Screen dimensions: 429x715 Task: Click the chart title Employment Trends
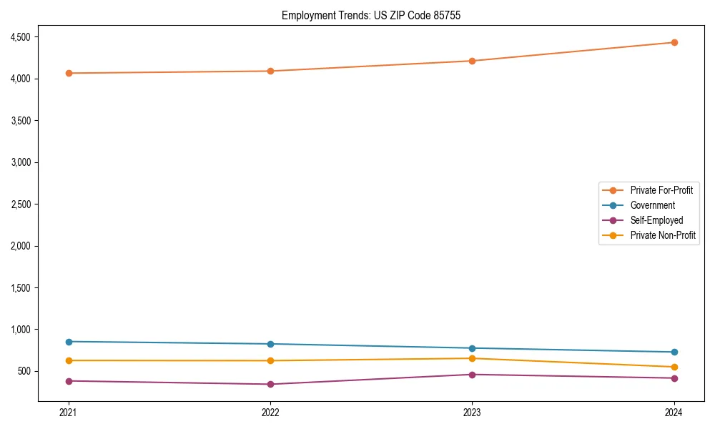pos(366,15)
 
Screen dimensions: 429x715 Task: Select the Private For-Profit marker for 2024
pos(674,42)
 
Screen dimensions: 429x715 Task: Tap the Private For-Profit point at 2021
pos(69,73)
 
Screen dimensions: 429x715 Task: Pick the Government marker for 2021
pos(69,342)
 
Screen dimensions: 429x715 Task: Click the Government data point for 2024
pos(674,352)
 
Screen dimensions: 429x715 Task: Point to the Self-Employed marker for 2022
pos(270,384)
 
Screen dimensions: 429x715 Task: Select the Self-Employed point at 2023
pos(472,375)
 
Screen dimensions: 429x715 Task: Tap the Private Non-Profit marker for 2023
pos(472,358)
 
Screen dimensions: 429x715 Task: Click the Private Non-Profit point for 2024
pos(674,367)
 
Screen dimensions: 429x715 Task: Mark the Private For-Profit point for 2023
pos(472,61)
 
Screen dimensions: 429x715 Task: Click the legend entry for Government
pos(652,205)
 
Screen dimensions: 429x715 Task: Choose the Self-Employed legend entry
pos(656,220)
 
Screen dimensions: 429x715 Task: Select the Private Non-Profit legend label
pos(663,235)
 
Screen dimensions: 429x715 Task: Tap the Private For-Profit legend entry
pos(661,190)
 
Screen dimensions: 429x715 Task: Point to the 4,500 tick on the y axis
pos(27,36)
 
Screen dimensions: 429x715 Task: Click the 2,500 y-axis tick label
pos(27,204)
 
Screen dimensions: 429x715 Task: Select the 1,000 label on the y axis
pos(27,330)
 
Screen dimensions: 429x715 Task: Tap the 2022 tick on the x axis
pos(270,412)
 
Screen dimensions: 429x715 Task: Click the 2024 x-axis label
pos(674,412)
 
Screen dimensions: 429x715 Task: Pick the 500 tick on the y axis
pos(31,371)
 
